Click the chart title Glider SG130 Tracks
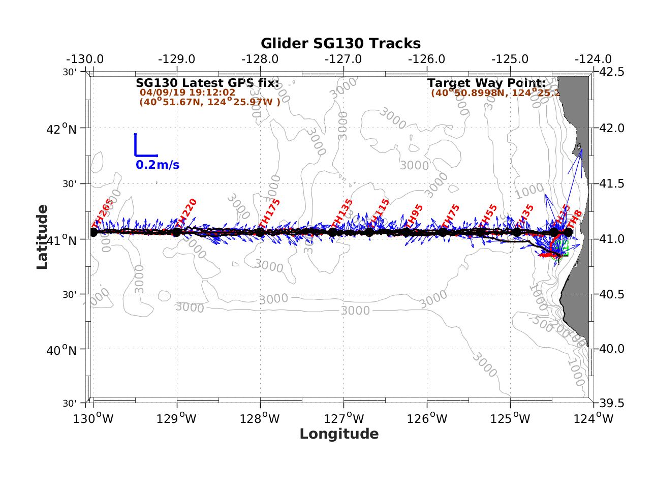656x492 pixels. click(x=340, y=44)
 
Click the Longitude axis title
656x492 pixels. click(x=339, y=434)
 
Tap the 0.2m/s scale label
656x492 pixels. click(x=157, y=165)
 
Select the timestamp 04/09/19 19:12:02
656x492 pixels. click(x=188, y=93)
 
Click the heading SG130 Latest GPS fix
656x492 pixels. click(x=207, y=83)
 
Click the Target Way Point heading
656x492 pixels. click(x=486, y=83)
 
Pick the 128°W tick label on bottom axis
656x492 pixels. click(x=261, y=418)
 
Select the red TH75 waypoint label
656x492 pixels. click(x=450, y=216)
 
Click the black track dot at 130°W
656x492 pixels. click(x=93, y=232)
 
